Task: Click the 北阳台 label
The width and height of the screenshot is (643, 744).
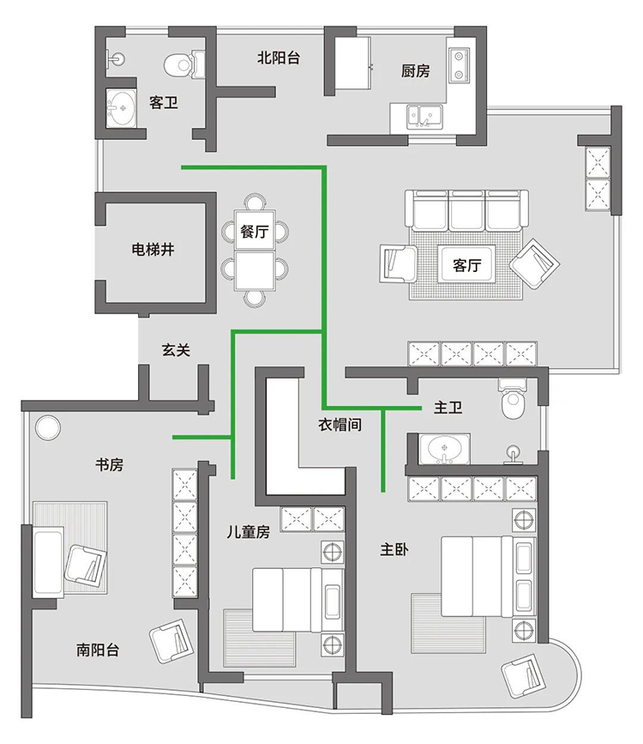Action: [x=279, y=57]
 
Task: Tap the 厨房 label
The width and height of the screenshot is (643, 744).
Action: [x=416, y=70]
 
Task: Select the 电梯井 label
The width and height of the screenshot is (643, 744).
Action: [x=153, y=249]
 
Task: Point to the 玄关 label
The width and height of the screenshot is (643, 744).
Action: [x=176, y=350]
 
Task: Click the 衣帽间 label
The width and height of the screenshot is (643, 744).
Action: [x=340, y=424]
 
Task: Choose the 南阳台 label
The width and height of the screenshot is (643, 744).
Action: [x=98, y=650]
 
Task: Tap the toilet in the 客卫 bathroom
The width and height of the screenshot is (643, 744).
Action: [x=184, y=64]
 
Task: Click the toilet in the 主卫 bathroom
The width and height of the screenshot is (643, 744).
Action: [x=512, y=398]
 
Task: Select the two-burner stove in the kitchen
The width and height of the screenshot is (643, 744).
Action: [x=459, y=64]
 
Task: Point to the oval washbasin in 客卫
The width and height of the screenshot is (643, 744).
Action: [x=122, y=108]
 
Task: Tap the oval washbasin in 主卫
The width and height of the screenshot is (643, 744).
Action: [x=445, y=449]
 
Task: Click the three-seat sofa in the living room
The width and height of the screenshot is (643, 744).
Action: [x=466, y=211]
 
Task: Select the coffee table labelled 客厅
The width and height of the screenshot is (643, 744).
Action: [x=466, y=264]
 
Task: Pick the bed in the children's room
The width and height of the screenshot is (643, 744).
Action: [x=297, y=600]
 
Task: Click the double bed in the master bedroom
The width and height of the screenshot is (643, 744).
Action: [x=489, y=577]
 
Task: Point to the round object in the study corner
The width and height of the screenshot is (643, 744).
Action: [x=47, y=428]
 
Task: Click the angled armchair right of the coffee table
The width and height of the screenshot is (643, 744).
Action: [x=534, y=263]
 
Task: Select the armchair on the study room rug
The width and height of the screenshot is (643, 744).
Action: [x=86, y=566]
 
